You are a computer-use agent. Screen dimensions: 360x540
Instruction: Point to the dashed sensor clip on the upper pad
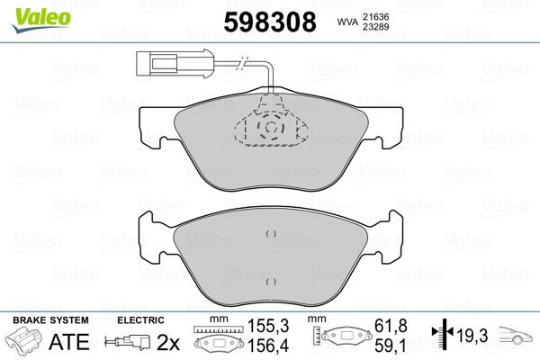(270, 128)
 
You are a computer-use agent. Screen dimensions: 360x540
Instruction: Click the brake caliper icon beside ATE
(25, 343)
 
